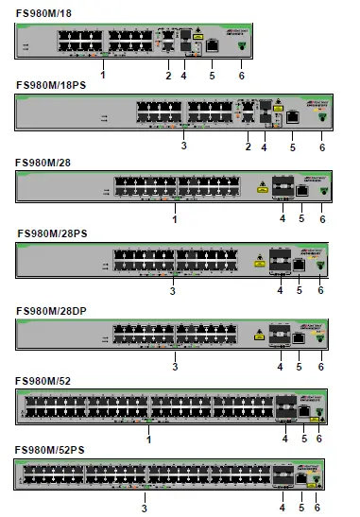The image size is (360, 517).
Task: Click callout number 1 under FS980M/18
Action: click(x=102, y=72)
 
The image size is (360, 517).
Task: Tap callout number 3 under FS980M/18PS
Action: click(x=182, y=146)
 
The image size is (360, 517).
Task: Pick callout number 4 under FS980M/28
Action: click(x=281, y=218)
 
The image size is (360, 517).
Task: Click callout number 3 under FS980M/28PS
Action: click(x=173, y=292)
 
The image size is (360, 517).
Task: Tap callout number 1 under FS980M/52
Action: click(x=148, y=438)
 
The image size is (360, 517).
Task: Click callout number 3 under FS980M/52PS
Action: click(x=144, y=508)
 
